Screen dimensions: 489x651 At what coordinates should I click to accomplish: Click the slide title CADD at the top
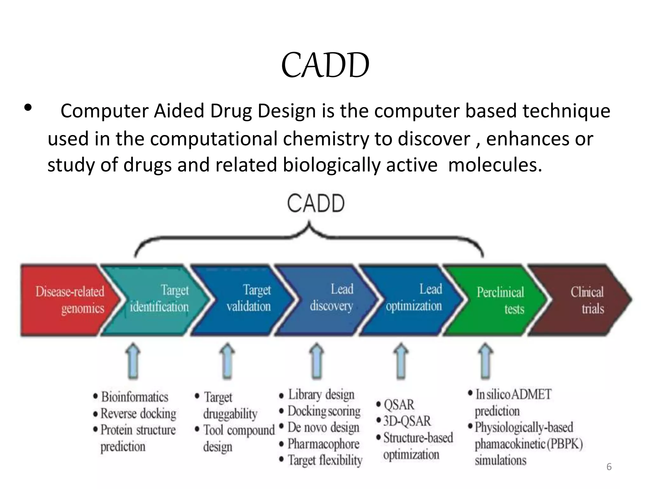coord(325,65)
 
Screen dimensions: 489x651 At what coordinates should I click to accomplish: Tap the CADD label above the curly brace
coord(316,204)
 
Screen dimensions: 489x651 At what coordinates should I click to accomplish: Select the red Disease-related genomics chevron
coord(68,300)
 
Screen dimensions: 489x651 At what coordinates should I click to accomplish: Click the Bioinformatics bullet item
coord(134,397)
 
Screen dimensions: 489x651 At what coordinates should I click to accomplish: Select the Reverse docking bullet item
coord(138,414)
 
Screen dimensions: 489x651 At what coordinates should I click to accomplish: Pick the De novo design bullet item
coord(323,427)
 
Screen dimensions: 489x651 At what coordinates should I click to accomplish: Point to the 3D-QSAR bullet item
coord(407,421)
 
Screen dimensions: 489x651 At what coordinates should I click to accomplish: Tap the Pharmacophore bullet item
coord(323,444)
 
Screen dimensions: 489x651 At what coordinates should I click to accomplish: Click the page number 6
coord(609,467)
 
